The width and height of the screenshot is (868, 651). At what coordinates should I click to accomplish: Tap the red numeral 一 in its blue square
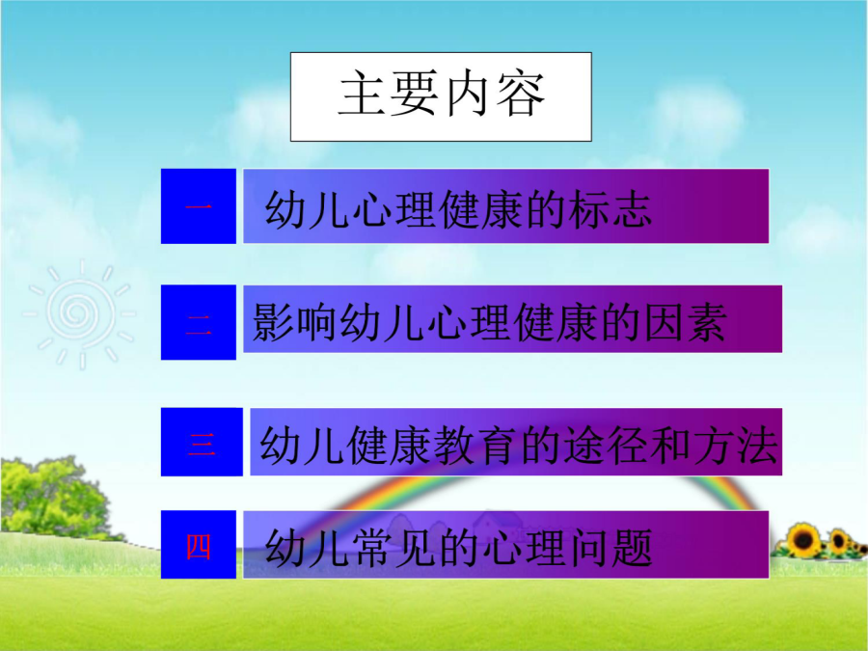pyautogui.click(x=198, y=206)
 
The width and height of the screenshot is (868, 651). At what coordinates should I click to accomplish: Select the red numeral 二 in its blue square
pyautogui.click(x=198, y=324)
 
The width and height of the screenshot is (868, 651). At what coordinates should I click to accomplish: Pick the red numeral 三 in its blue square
pyautogui.click(x=201, y=443)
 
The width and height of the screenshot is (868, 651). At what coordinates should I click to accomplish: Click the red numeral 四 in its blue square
pyautogui.click(x=198, y=547)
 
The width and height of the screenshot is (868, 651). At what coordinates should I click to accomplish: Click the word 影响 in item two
pyautogui.click(x=294, y=322)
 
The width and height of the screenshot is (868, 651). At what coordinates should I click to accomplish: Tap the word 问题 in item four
pyautogui.click(x=610, y=548)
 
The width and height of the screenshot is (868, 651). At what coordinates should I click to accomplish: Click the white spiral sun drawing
pyautogui.click(x=80, y=313)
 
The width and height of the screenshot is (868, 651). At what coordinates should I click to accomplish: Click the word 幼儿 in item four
pyautogui.click(x=306, y=548)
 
